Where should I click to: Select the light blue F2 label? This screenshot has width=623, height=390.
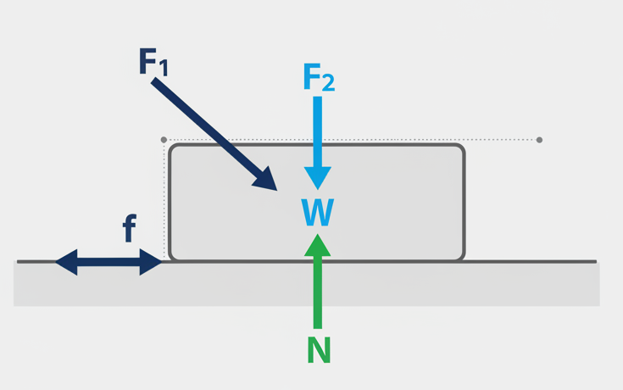tap(318, 79)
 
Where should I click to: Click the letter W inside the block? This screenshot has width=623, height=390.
tap(317, 213)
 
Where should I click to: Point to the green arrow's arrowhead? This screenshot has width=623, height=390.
tap(318, 245)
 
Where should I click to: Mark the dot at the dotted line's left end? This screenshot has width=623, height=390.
tap(164, 140)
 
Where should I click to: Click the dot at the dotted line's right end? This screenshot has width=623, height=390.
tap(539, 140)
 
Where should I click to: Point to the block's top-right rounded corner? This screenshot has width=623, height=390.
tap(459, 149)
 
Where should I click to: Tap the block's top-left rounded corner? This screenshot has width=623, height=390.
tap(174, 149)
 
